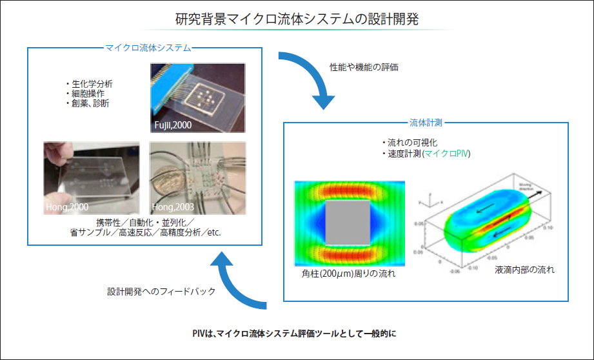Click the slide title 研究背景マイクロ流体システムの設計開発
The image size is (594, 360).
point(297,19)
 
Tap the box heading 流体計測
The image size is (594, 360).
point(426,121)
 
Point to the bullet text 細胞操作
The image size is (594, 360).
point(87,94)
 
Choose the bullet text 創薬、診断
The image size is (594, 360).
point(89,103)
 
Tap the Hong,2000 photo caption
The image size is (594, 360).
point(68,207)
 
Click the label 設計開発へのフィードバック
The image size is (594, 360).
point(161,292)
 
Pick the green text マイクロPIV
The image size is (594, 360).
point(447,154)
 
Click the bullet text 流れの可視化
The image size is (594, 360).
point(412,143)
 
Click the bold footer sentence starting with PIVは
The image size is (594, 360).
point(297,333)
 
